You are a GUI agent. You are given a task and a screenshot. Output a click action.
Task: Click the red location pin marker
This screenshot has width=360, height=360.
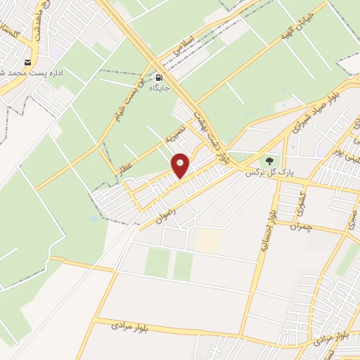181,166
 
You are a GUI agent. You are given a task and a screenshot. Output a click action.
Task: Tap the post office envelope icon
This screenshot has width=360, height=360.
29,62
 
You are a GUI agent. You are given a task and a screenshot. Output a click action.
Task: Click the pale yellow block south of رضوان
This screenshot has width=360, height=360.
208,241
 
